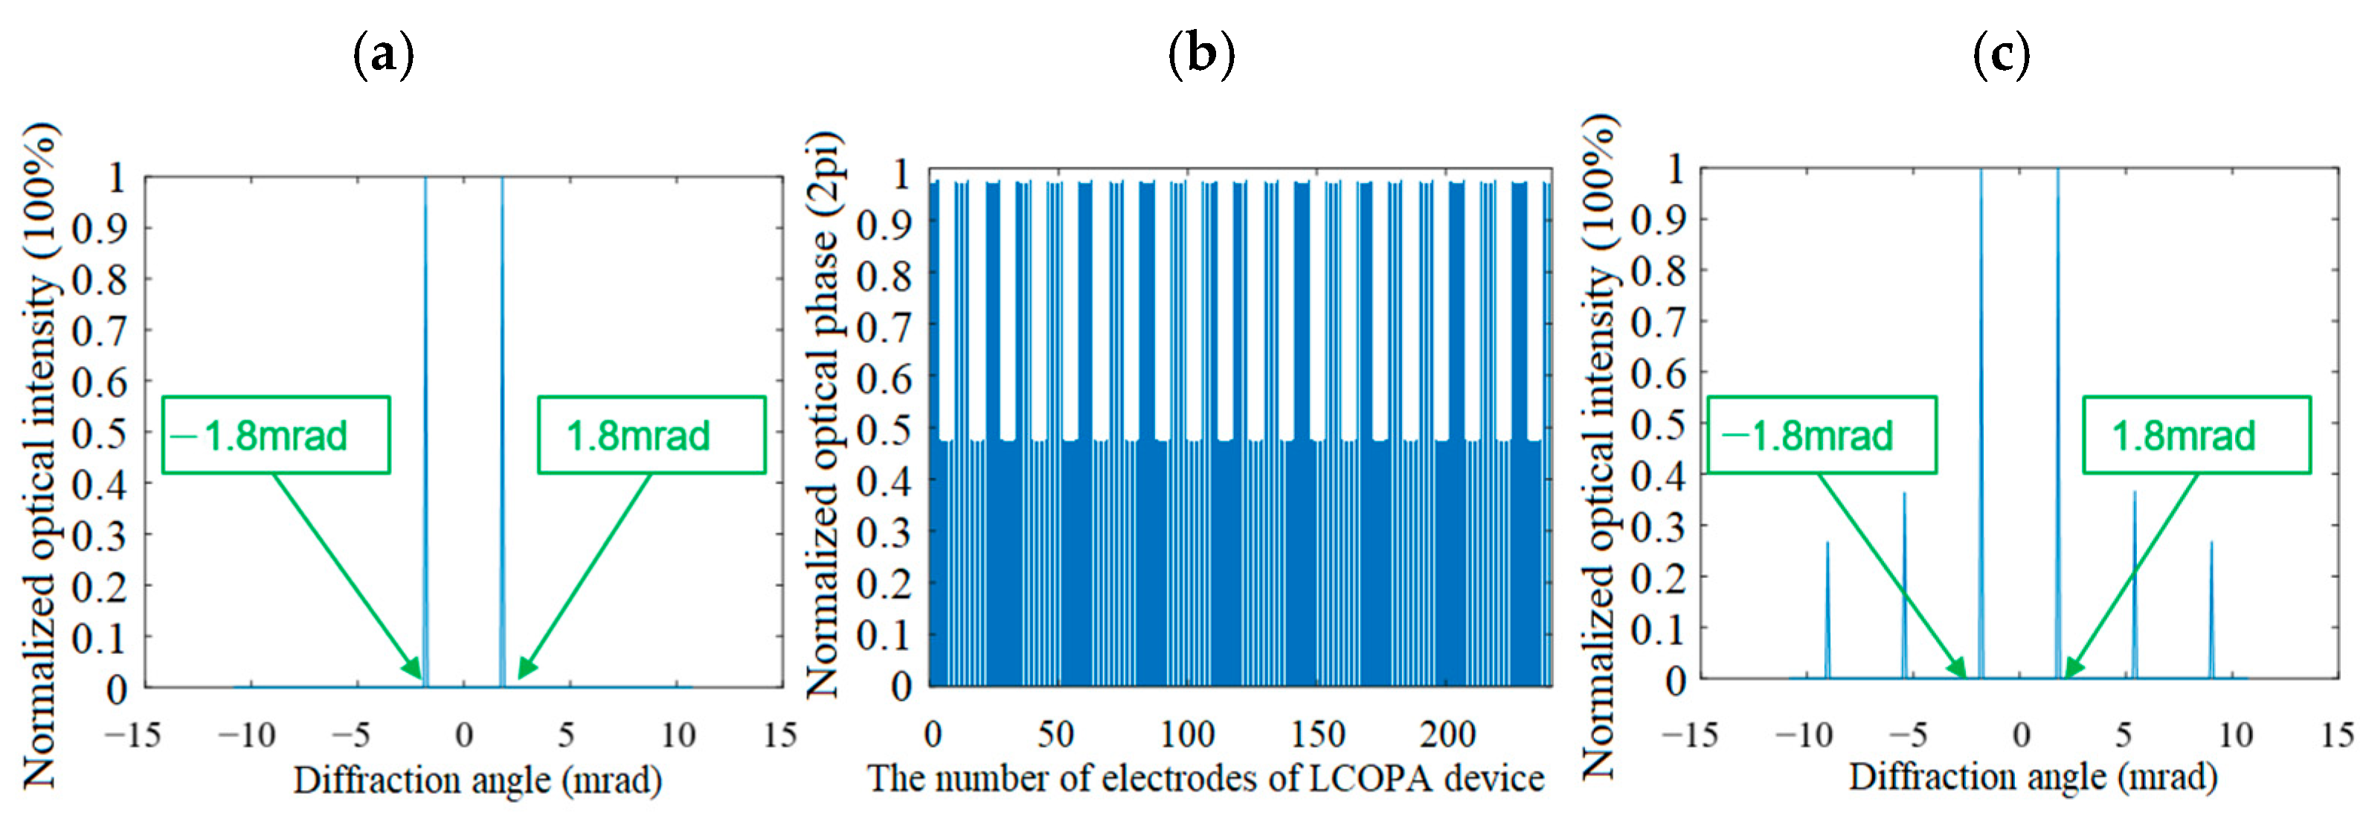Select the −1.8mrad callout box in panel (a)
click(x=276, y=435)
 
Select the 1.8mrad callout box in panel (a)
click(x=651, y=435)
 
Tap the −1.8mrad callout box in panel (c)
click(x=1822, y=435)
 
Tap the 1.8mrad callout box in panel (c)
click(x=2196, y=435)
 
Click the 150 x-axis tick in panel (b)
click(x=1318, y=734)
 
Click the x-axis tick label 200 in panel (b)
click(x=1447, y=734)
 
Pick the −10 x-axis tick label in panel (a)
click(x=246, y=735)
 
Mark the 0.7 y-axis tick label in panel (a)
click(x=100, y=330)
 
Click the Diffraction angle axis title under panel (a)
click(x=478, y=780)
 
